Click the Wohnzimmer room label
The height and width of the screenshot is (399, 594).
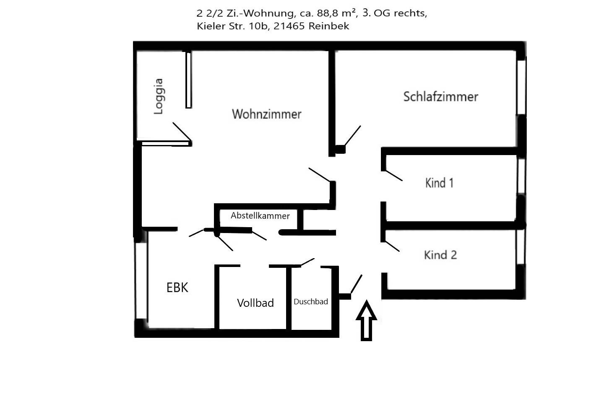[266, 114]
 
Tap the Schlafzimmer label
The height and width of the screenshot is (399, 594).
[440, 97]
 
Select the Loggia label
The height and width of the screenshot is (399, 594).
[158, 96]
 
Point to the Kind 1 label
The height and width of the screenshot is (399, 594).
[439, 183]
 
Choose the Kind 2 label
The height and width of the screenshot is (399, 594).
[440, 255]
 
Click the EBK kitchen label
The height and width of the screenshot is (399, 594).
[177, 288]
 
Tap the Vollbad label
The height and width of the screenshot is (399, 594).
[255, 303]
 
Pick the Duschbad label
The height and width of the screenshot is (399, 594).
[310, 301]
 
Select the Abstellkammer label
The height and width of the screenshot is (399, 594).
[260, 216]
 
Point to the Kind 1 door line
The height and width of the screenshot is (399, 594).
[394, 176]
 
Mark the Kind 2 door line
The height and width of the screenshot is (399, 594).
[392, 246]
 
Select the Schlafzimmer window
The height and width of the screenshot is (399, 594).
[521, 86]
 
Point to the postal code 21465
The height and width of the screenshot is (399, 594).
[289, 26]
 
